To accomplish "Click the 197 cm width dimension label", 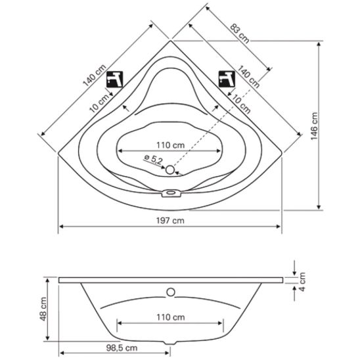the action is (170, 221).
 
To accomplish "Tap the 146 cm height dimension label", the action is (314, 126).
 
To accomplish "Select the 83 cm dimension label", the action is (240, 34).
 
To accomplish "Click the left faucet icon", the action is (115, 79).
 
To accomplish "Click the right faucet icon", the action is (227, 79).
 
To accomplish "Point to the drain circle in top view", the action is (170, 169).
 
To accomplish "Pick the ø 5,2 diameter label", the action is (153, 159).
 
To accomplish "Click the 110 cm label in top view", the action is (170, 145).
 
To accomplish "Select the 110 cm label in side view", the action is (170, 317).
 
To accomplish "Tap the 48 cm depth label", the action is (43, 309).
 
